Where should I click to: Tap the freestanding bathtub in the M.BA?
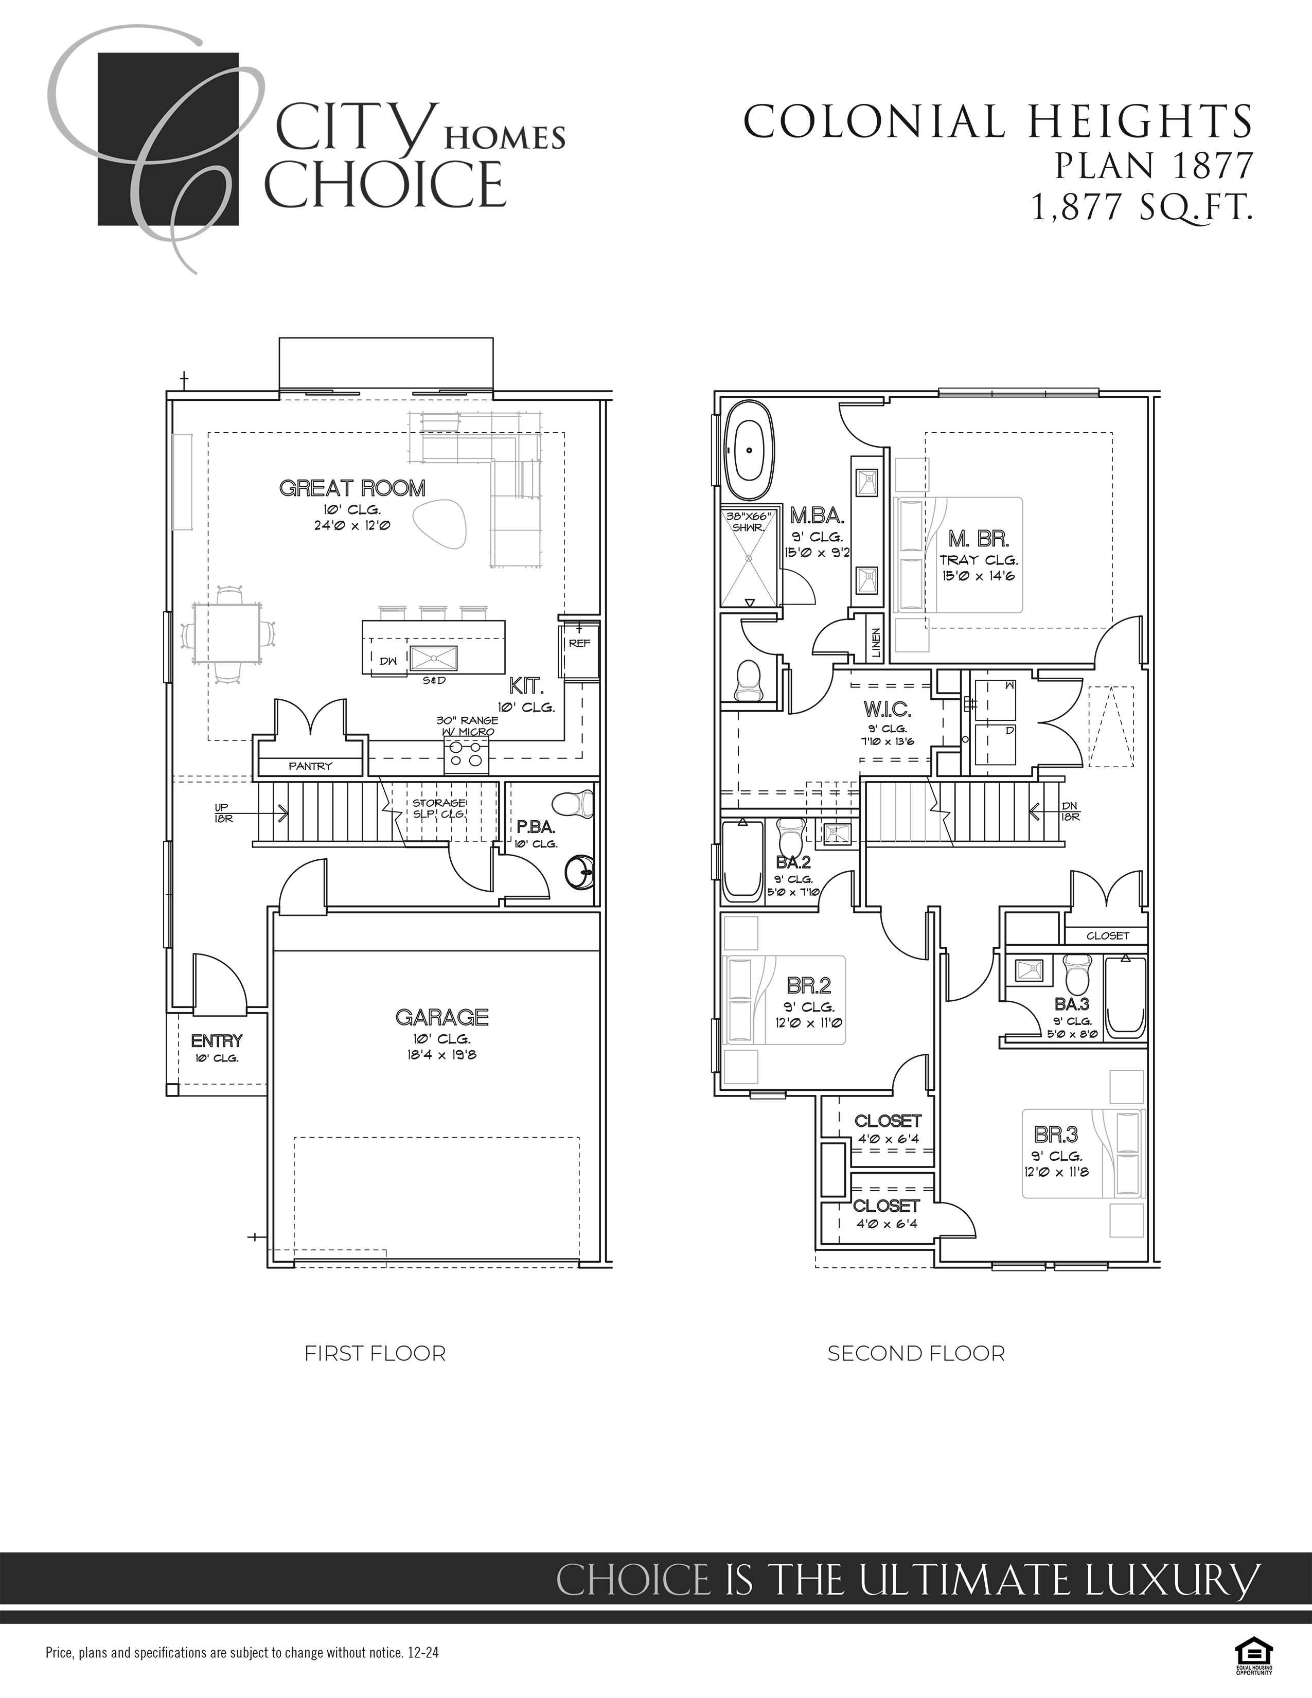749,451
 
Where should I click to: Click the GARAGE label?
441,1017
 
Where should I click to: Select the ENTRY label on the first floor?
217,1041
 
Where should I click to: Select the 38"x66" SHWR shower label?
748,522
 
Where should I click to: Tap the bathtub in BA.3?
1125,998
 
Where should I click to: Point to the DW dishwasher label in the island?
388,661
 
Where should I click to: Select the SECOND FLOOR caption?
916,1354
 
